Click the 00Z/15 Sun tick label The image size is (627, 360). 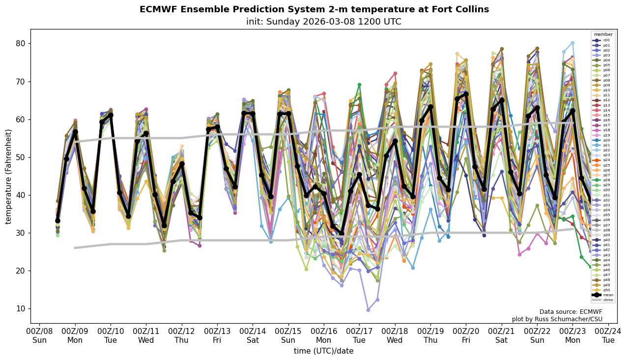[x=288, y=335]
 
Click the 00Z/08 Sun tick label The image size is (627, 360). [x=39, y=335]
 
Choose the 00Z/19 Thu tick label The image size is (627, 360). [x=430, y=335]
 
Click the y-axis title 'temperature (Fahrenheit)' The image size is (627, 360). [x=9, y=176]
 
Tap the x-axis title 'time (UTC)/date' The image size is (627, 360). [x=323, y=351]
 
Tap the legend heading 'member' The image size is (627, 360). [x=603, y=35]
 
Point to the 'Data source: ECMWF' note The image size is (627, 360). [x=570, y=312]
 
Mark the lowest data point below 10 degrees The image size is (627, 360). [x=368, y=310]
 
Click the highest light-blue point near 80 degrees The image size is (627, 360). [x=572, y=43]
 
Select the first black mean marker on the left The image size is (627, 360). [x=57, y=221]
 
